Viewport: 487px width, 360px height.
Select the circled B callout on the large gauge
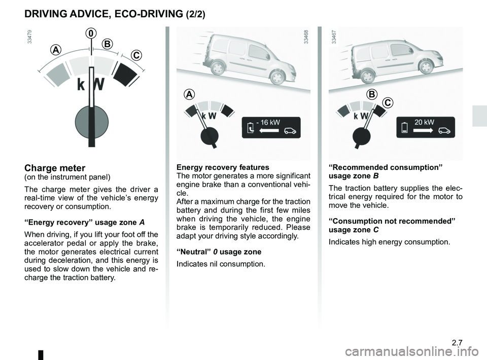[107, 45]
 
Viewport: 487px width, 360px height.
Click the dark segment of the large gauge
[125, 74]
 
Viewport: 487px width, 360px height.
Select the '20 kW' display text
[424, 122]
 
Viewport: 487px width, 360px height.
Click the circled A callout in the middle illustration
[189, 95]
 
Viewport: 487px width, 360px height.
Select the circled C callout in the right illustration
[388, 103]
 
